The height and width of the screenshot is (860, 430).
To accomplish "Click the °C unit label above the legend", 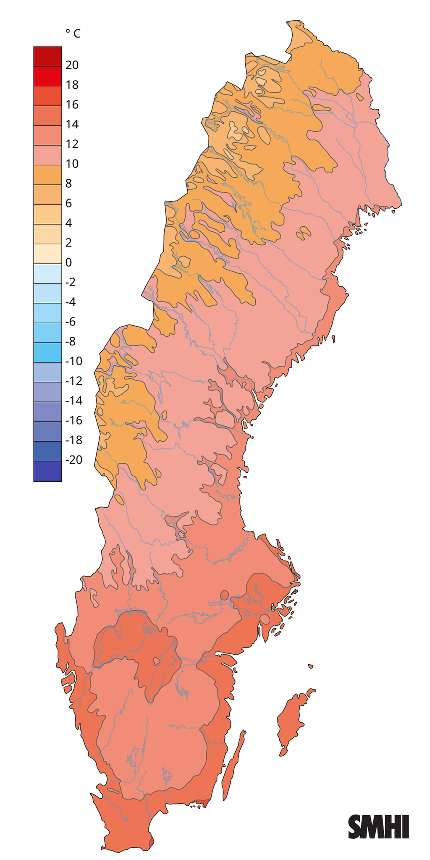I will (73, 34).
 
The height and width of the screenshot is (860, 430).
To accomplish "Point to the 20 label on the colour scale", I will (72, 65).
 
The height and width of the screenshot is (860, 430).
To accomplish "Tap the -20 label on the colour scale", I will (74, 460).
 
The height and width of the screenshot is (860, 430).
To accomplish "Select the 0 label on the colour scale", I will (68, 262).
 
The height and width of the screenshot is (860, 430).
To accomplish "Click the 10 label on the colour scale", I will (72, 164).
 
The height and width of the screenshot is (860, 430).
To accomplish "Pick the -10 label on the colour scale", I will (74, 361).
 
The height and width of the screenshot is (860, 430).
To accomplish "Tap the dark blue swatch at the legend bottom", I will (47, 471).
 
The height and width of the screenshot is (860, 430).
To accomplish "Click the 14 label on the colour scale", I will (72, 124).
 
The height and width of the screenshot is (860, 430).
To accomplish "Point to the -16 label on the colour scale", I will (74, 420).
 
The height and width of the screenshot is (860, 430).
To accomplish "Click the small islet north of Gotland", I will (310, 666).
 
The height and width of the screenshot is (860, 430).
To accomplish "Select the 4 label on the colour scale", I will (68, 223).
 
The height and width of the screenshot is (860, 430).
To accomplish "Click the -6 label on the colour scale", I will (71, 322).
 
